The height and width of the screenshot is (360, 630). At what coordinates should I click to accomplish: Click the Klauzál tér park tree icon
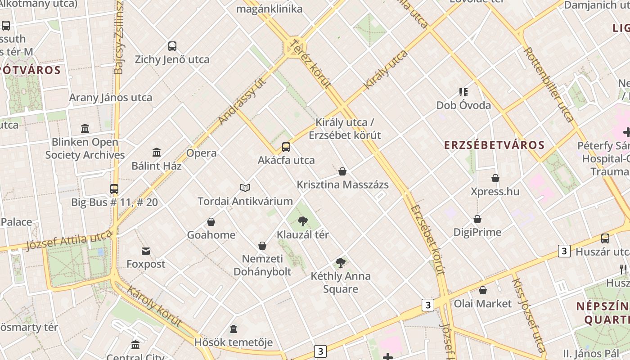[x=303, y=221]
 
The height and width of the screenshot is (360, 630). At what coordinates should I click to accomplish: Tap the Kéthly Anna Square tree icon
[x=341, y=262]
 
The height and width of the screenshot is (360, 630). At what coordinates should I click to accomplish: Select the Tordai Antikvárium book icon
[x=245, y=188]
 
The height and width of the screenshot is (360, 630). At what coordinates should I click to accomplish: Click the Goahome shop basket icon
[x=211, y=222]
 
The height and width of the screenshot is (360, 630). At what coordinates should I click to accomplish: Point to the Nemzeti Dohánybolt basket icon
[x=262, y=246]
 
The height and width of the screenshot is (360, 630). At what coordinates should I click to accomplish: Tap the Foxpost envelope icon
[x=146, y=251]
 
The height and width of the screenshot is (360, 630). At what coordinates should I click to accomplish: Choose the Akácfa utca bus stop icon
[x=286, y=147]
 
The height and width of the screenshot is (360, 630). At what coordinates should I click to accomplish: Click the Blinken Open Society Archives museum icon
[x=85, y=129]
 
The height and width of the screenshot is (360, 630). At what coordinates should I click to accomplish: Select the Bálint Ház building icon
[x=157, y=153]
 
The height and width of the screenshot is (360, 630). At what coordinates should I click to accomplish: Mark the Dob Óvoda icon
[x=463, y=92]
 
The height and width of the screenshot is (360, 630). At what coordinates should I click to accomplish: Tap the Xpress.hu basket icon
[x=495, y=178]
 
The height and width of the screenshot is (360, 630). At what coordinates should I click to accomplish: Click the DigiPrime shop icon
[x=477, y=219]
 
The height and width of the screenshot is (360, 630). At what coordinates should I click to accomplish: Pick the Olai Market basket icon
[x=483, y=290]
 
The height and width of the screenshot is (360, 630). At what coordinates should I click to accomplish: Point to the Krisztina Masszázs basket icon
[x=342, y=171]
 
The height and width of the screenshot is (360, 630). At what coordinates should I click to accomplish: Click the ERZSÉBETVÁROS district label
[x=495, y=145]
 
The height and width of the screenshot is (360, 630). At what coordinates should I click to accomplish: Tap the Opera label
[x=201, y=153]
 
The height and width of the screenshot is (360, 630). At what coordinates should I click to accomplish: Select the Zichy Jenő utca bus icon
[x=172, y=46]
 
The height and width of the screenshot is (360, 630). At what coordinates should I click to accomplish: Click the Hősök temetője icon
[x=234, y=329]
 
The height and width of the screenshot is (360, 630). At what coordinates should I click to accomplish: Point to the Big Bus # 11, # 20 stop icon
[x=114, y=189]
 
